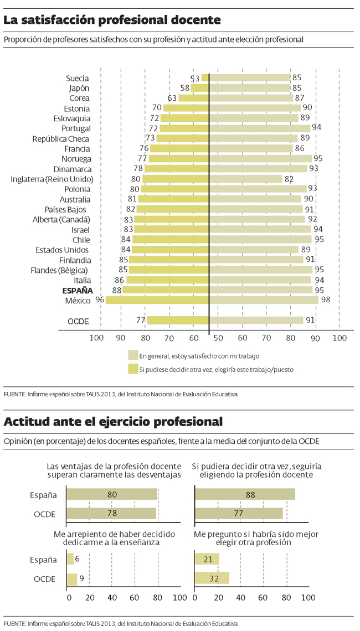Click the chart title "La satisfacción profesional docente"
click(112, 20)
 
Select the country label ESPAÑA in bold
click(77, 290)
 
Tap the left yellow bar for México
click(157, 300)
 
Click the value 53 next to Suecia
click(195, 78)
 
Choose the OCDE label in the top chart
click(78, 320)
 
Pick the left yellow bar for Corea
click(193, 98)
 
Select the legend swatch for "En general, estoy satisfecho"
click(132, 355)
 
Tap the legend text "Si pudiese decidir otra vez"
click(216, 369)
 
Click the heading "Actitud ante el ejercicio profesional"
click(113, 421)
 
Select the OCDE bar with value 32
click(212, 578)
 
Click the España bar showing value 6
click(70, 560)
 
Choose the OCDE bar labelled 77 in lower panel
click(239, 514)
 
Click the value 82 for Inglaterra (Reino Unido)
click(288, 179)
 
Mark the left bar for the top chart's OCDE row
click(178, 320)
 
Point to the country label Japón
click(79, 88)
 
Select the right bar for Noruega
click(260, 158)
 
